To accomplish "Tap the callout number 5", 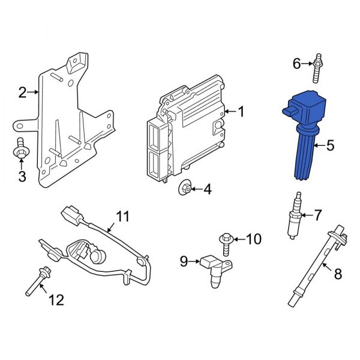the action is [x=330, y=145].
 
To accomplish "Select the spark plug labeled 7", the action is [x=295, y=216].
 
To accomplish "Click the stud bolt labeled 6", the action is [x=318, y=68].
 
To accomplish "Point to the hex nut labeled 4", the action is [x=185, y=188].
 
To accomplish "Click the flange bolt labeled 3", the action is [x=21, y=148].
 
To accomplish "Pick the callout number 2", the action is [x=23, y=92].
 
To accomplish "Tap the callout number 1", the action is [x=241, y=112].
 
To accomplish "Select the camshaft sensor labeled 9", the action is [x=216, y=271].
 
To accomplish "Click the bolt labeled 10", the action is [x=226, y=244].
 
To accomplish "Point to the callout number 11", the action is [x=123, y=217].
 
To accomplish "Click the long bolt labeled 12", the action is [x=38, y=281].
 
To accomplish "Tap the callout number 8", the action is [x=338, y=274].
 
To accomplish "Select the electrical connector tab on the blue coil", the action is [x=290, y=112].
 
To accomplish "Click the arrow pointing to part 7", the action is [x=307, y=215].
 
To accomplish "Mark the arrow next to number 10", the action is [x=239, y=239].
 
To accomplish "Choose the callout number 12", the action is [x=56, y=300].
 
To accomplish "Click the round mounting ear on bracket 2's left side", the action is [x=20, y=126].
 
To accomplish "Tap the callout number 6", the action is [x=296, y=64].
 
